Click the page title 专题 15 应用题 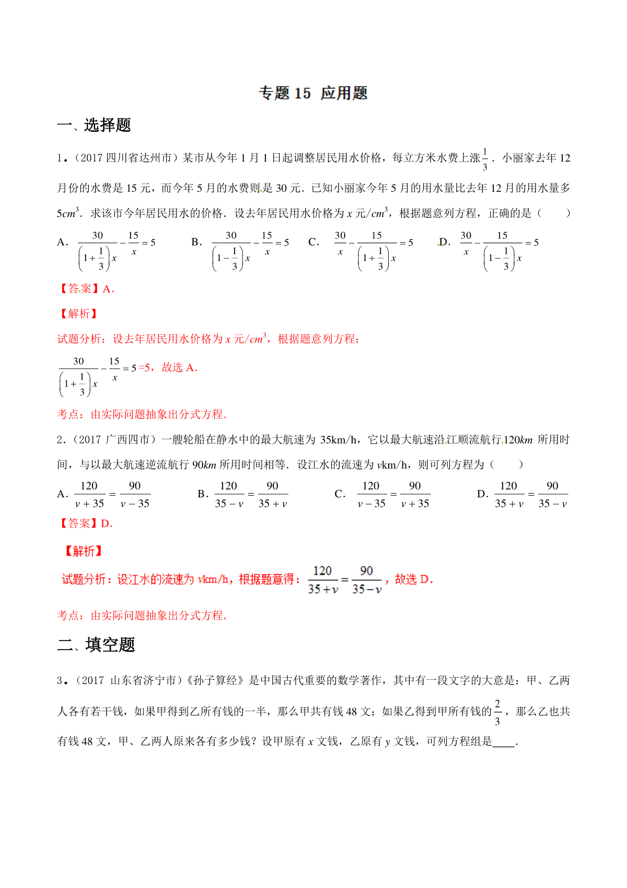click(x=313, y=94)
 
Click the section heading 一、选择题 click(x=94, y=126)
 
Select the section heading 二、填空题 click(x=96, y=645)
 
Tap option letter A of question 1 click(x=62, y=243)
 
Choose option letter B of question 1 click(x=196, y=243)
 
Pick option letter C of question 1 click(x=313, y=243)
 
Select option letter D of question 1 click(x=445, y=243)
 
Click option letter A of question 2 click(x=62, y=494)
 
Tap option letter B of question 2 click(x=203, y=494)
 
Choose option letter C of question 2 click(x=340, y=494)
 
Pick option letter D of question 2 click(x=482, y=494)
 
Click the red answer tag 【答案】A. click(x=85, y=289)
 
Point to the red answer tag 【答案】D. click(x=85, y=523)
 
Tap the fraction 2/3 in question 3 click(x=497, y=712)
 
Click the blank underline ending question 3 click(x=504, y=743)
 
